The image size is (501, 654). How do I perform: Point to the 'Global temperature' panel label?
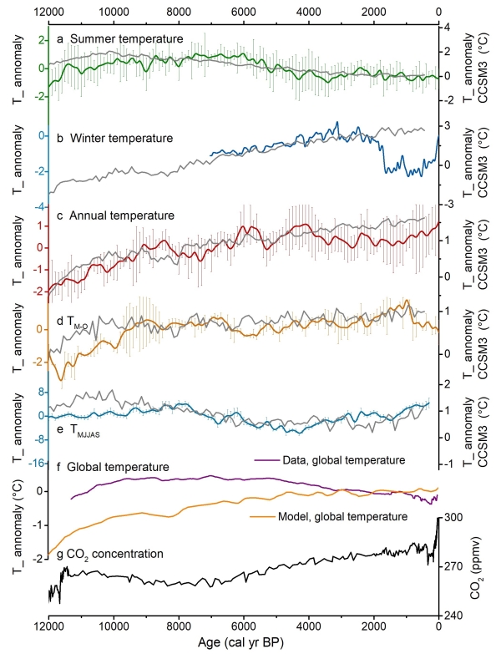coord(118,466)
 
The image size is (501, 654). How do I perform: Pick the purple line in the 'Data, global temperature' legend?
coord(264,459)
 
